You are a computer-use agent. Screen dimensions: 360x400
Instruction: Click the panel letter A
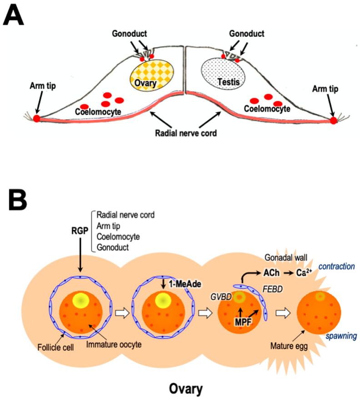(14, 15)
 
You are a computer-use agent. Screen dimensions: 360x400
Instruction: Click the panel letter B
(18, 200)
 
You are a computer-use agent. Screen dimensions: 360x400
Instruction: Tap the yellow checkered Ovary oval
(152, 76)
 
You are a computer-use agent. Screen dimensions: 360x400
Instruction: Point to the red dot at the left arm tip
(37, 118)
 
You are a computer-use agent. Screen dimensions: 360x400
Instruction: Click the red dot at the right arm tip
(333, 121)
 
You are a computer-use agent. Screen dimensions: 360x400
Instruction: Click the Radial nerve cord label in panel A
(186, 133)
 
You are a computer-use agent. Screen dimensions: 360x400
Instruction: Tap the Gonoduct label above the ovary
(130, 33)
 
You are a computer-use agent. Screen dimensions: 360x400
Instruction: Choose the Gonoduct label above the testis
(247, 33)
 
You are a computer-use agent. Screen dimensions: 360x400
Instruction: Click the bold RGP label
(80, 231)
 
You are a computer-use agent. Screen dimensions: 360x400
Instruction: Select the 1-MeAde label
(185, 284)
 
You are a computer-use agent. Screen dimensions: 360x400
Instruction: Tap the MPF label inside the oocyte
(243, 322)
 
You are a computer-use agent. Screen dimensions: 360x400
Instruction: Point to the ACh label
(271, 273)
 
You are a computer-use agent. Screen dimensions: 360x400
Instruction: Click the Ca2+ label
(304, 273)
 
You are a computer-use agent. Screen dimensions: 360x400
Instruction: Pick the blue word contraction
(336, 266)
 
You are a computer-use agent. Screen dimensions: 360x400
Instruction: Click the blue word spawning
(341, 336)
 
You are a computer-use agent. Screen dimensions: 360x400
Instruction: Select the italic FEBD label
(273, 289)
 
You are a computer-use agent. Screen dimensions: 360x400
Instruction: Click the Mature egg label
(289, 346)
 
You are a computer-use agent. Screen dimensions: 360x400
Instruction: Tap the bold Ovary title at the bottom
(186, 389)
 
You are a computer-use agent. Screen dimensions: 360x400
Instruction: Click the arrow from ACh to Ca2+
(288, 273)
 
